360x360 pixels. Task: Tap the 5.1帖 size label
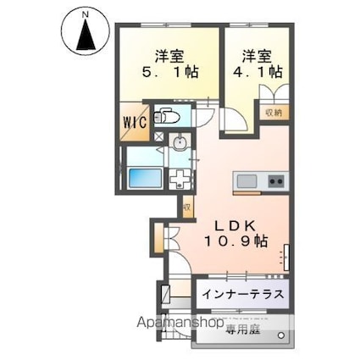pyautogui.click(x=175, y=73)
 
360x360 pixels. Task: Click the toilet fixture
pyautogui.click(x=166, y=119)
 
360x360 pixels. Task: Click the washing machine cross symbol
pyautogui.click(x=180, y=179)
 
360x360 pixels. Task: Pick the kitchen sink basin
pyautogui.click(x=246, y=180)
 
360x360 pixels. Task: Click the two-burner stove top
pyautogui.click(x=276, y=180)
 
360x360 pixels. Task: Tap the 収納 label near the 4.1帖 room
pyautogui.click(x=271, y=112)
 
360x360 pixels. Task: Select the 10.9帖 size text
pyautogui.click(x=235, y=241)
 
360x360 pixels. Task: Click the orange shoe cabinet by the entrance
pyautogui.click(x=162, y=238)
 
